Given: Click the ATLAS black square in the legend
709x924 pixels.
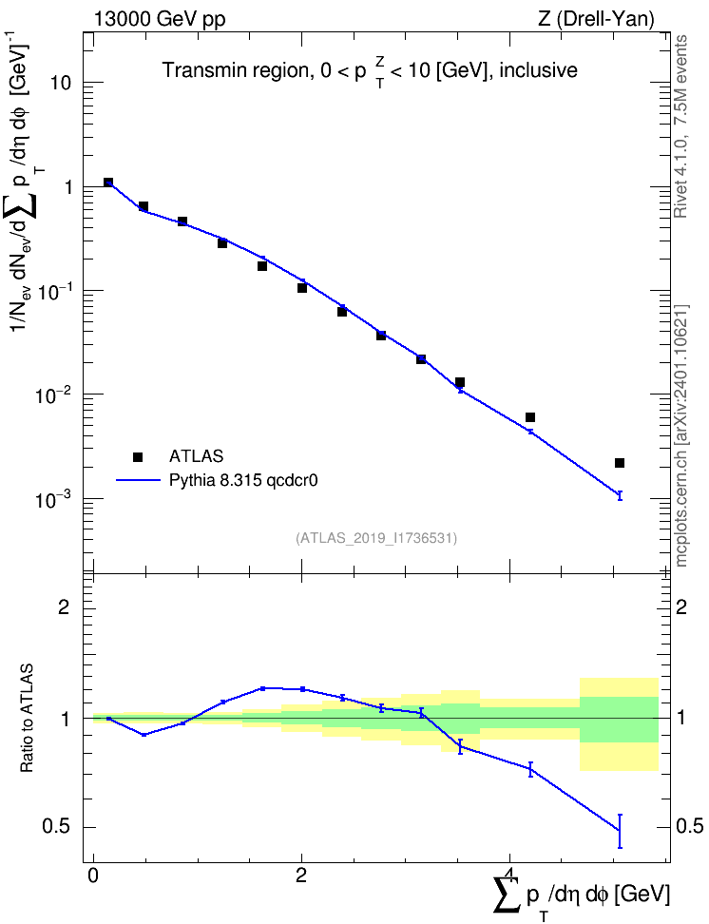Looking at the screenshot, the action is tap(138, 456).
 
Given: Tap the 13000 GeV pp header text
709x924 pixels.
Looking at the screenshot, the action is tap(159, 19).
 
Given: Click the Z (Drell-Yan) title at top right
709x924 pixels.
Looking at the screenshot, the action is tap(596, 19).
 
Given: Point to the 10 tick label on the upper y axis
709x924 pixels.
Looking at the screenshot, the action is tap(60, 83).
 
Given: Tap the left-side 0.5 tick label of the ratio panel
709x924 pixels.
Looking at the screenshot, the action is tap(56, 827).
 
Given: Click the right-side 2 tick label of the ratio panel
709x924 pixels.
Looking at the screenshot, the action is tap(681, 606).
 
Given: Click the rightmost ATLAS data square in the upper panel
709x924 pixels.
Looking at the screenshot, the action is tap(620, 463).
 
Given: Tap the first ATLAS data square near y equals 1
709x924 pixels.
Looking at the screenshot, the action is tap(108, 183).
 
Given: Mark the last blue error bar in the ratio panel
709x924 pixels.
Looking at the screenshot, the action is tap(620, 831).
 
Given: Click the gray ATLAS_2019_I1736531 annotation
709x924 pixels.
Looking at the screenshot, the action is tap(376, 537).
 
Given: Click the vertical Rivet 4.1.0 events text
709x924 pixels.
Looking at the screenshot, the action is tap(680, 126).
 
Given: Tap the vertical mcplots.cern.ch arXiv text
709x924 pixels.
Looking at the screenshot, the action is tap(680, 435).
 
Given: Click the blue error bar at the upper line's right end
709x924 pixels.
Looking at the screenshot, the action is tap(620, 495).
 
